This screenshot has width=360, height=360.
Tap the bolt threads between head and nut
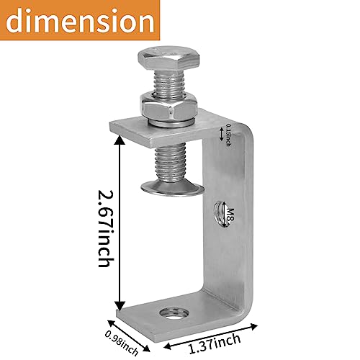pos(167,86)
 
